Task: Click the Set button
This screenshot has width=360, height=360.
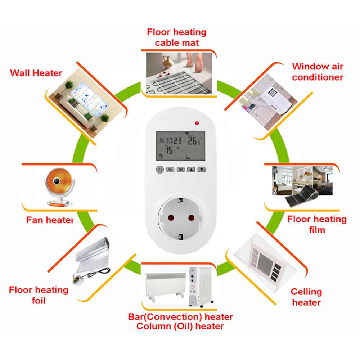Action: click(170, 169)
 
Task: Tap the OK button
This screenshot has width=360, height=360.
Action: click(181, 169)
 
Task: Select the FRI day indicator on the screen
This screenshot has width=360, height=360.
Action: click(187, 133)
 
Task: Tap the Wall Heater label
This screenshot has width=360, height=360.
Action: click(36, 73)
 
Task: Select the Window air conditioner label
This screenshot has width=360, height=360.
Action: click(318, 72)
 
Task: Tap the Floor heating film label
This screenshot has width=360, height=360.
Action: click(317, 224)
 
